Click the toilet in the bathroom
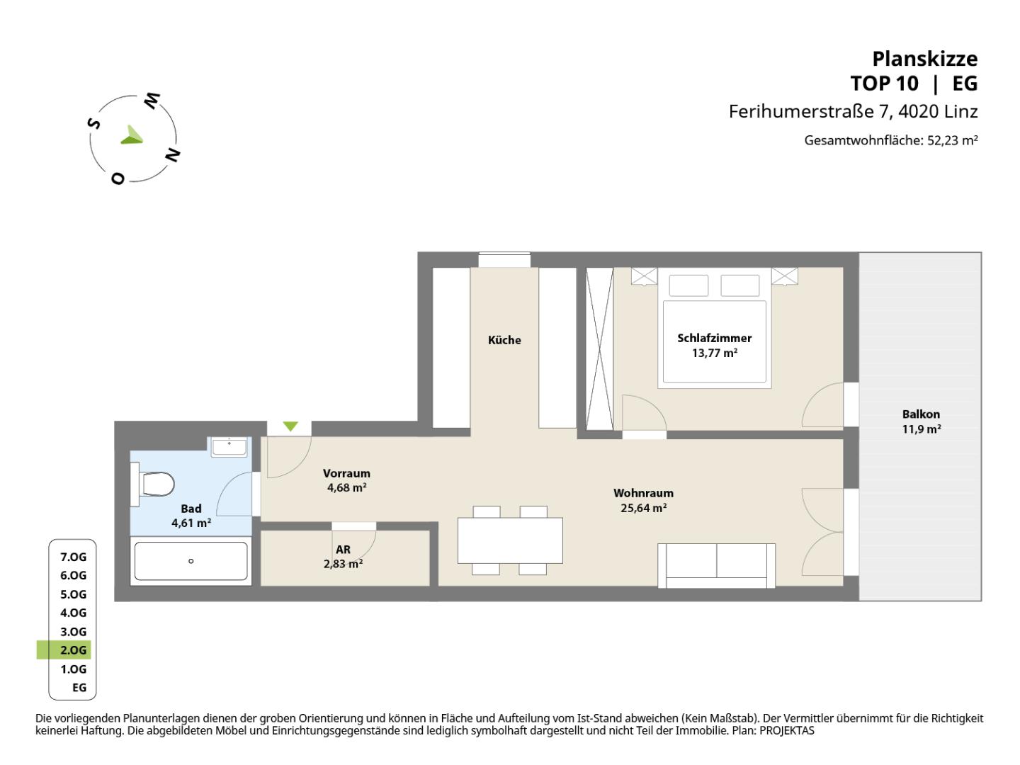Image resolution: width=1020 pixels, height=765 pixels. coord(153,484)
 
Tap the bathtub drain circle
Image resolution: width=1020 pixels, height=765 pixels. coord(191,561)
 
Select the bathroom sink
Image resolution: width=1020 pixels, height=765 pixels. coord(229,447)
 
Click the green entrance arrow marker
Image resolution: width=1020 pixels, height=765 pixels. coord(290,426)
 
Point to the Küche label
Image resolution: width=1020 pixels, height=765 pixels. coord(504,340)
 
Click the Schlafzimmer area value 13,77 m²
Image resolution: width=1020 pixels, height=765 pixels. coord(715,353)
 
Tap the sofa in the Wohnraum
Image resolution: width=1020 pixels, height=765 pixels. coord(717,566)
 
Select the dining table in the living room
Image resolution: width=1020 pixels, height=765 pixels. coord(510,540)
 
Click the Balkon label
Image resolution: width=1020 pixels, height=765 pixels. coord(921,414)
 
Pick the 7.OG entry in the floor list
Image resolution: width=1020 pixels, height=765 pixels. coord(74,557)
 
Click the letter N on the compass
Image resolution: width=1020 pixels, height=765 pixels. coord(173,155)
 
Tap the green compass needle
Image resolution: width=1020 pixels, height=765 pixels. coord(132,135)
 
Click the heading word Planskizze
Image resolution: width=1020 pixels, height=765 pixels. coord(925,59)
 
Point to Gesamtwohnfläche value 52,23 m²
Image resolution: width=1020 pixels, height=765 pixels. coord(953,140)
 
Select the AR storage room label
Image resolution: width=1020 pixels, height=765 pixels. coord(343,550)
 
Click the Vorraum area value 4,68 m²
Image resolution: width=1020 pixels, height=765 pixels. coord(346,488)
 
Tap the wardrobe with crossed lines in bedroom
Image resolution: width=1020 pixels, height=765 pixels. coord(599,348)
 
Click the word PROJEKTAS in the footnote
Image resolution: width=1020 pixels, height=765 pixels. coord(787,730)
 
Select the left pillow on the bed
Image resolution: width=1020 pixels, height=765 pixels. coord(688,285)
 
